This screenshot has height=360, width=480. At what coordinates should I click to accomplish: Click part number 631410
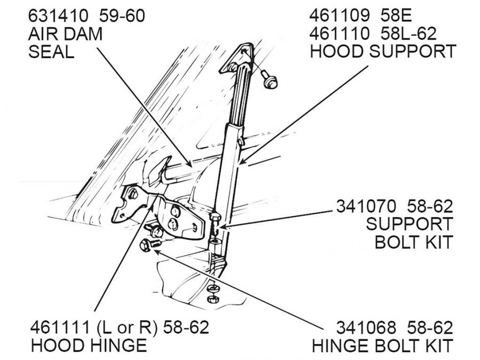coord(58,17)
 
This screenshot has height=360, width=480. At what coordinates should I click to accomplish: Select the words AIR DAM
coord(65,34)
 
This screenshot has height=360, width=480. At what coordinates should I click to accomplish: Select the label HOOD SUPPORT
coord(383,52)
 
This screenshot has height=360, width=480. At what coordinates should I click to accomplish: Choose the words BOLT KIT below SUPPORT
coord(413,242)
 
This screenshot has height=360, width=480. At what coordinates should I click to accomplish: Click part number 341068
coord(366,327)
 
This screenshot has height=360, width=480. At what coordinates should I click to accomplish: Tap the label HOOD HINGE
coord(89,345)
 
